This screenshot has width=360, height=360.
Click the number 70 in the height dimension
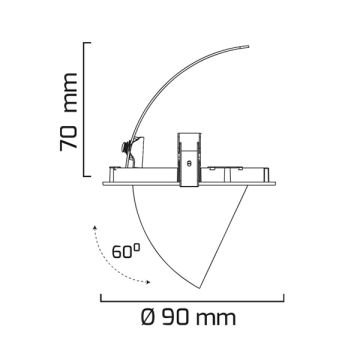point(69,137)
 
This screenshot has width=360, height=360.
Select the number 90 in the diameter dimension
point(176,317)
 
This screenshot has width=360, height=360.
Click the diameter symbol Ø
point(148,317)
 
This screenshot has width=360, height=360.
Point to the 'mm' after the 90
point(216,319)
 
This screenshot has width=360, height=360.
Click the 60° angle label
point(125,251)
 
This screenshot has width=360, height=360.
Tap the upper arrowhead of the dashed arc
point(95,228)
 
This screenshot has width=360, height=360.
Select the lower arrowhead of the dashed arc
point(147,283)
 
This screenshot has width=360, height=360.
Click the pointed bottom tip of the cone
point(199,288)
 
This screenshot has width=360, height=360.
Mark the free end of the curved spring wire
point(248,46)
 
